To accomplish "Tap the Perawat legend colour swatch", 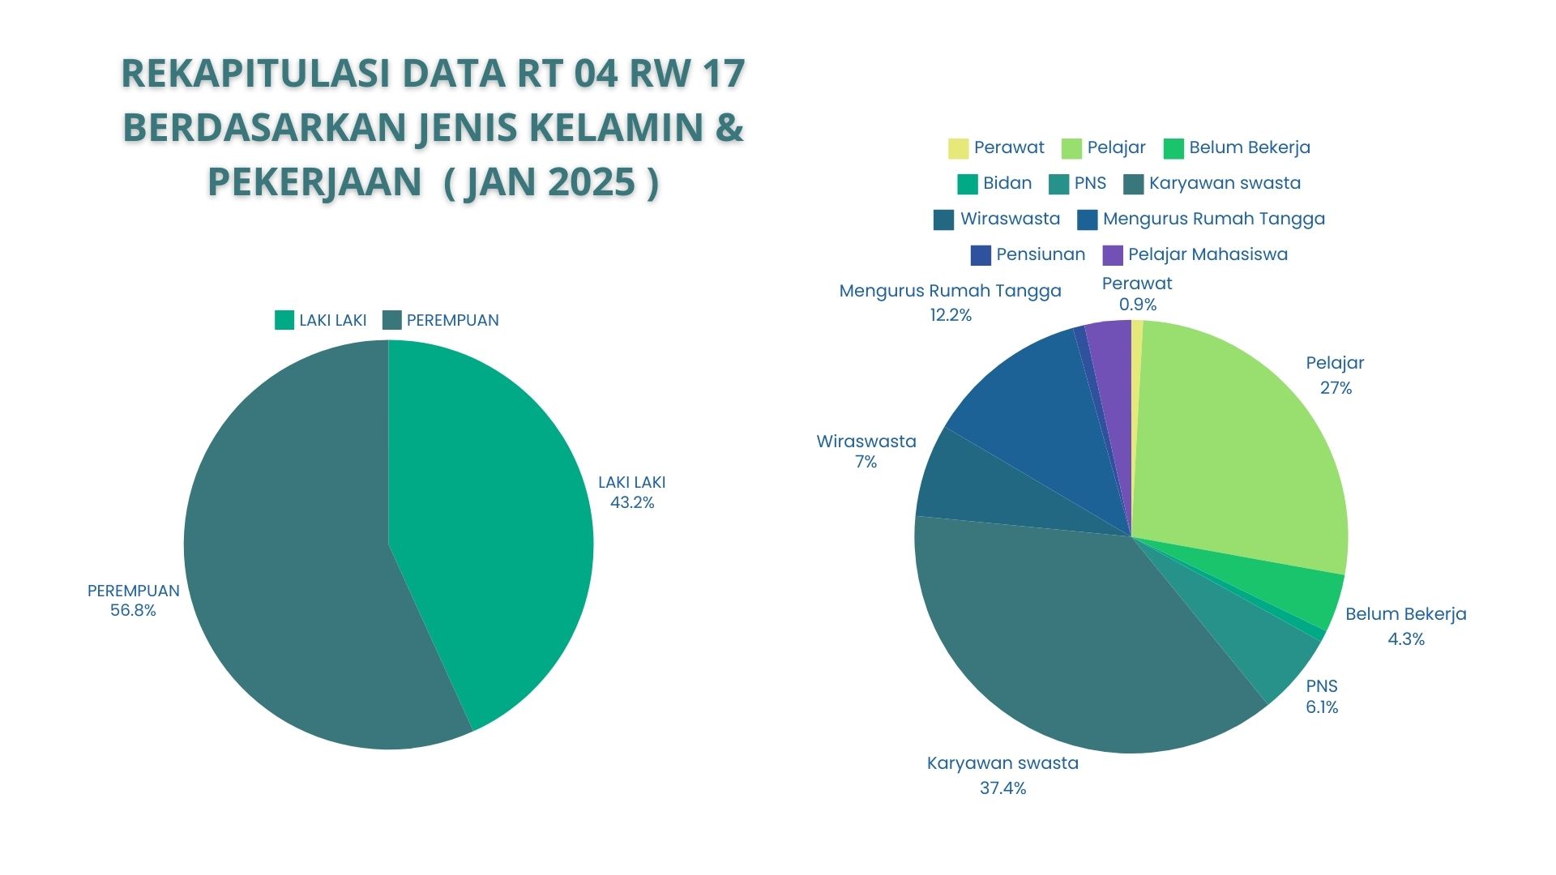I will pos(959,148).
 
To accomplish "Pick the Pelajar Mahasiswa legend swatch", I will pos(1114,255).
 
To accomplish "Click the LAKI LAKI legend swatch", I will pos(284,320).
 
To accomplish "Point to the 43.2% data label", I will pos(632,503).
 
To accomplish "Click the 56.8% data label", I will pos(133,611).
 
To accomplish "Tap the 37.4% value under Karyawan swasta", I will pos(1002,788).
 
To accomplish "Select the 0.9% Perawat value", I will pos(1138,305).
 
